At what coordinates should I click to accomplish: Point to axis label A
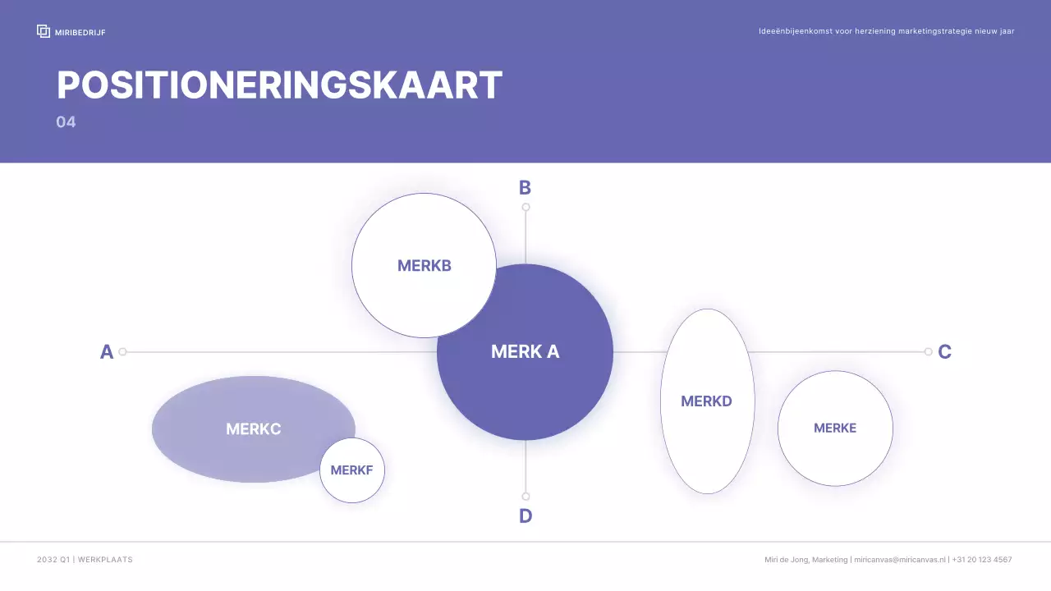[x=107, y=352]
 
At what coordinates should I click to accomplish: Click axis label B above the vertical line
[x=525, y=188]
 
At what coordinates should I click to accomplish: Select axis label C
[x=944, y=352]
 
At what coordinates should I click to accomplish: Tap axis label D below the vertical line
[x=525, y=516]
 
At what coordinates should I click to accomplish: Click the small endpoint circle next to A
[x=122, y=352]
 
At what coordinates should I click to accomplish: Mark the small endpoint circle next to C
[x=928, y=352]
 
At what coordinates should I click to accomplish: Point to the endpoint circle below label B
[x=525, y=207]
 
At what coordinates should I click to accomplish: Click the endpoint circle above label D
[x=525, y=497]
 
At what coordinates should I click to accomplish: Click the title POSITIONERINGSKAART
[x=279, y=85]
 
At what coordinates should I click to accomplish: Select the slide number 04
[x=66, y=122]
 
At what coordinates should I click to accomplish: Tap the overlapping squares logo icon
[x=44, y=31]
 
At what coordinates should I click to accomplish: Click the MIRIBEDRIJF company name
[x=80, y=32]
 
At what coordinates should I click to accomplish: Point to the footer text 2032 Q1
[x=53, y=560]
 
